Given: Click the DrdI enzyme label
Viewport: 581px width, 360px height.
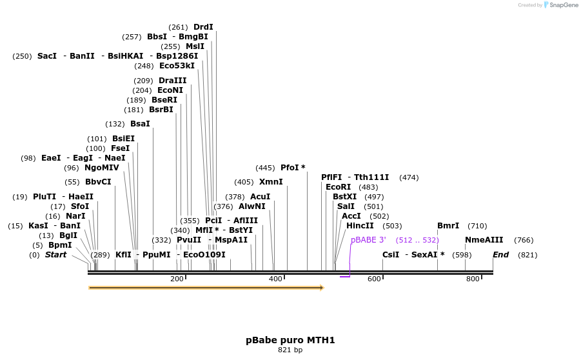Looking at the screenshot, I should click(203, 27).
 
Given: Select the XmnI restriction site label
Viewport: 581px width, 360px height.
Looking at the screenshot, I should click(271, 182).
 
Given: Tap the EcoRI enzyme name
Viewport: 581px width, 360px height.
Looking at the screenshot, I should click(339, 187).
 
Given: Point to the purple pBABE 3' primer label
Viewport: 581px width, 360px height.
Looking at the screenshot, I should click(368, 240).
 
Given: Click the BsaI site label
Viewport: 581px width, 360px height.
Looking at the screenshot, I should click(140, 124).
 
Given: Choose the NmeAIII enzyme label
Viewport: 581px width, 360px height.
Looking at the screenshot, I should click(484, 240).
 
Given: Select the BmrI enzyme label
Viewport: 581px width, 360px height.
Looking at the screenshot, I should click(448, 226).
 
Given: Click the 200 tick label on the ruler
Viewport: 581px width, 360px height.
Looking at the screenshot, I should click(177, 279).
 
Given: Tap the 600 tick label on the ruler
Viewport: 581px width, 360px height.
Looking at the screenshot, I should click(374, 279).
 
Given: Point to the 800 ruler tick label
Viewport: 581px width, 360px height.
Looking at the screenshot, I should click(473, 279).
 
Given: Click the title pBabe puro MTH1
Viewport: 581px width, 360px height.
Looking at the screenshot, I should click(290, 340).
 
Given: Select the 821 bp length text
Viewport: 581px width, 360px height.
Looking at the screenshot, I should click(290, 350).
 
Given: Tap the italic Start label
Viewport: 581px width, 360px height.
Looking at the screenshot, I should click(55, 255).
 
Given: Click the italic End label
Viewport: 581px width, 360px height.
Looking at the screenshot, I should click(500, 255).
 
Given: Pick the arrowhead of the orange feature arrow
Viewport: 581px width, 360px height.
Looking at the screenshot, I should click(321, 288).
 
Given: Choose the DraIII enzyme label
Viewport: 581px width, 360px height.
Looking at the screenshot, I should click(173, 81).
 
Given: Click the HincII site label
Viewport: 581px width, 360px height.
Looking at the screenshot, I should click(360, 226).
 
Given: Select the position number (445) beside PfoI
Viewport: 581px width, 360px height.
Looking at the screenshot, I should click(265, 168).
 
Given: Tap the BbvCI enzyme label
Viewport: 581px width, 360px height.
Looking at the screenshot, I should click(98, 182).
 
